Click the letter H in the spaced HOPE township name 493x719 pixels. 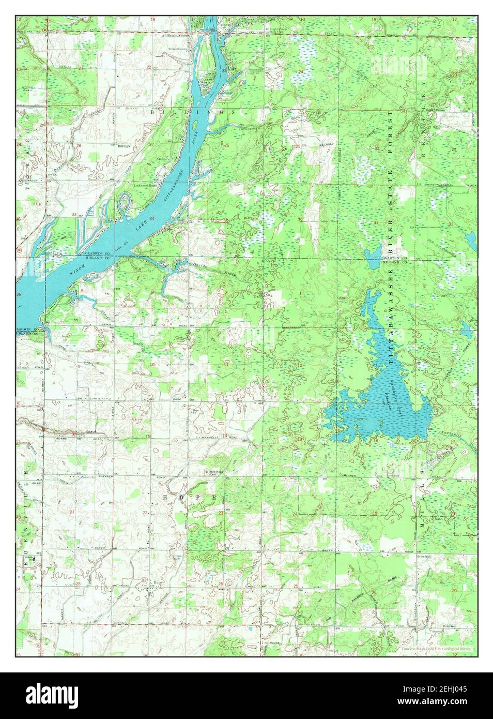pyautogui.click(x=165, y=497)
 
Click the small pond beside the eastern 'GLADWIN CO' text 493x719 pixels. pyautogui.click(x=372, y=254)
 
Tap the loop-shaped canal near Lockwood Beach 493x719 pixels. pyautogui.click(x=126, y=202)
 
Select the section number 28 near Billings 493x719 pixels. pyautogui.click(x=79, y=146)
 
